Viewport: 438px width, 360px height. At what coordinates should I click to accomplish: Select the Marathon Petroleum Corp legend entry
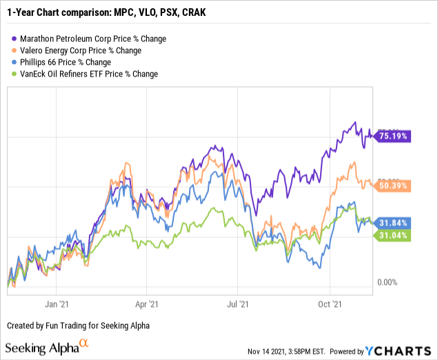click(94, 39)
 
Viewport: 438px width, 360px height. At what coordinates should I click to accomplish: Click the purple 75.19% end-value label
click(392, 136)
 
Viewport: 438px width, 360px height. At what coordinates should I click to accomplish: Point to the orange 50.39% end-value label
click(392, 185)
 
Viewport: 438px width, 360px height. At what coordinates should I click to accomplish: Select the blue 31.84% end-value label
click(392, 222)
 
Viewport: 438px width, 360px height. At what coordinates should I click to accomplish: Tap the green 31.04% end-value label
click(392, 236)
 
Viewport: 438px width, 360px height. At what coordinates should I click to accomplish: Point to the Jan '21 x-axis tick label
click(54, 303)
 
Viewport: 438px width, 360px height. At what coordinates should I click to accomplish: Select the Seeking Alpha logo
click(47, 347)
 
